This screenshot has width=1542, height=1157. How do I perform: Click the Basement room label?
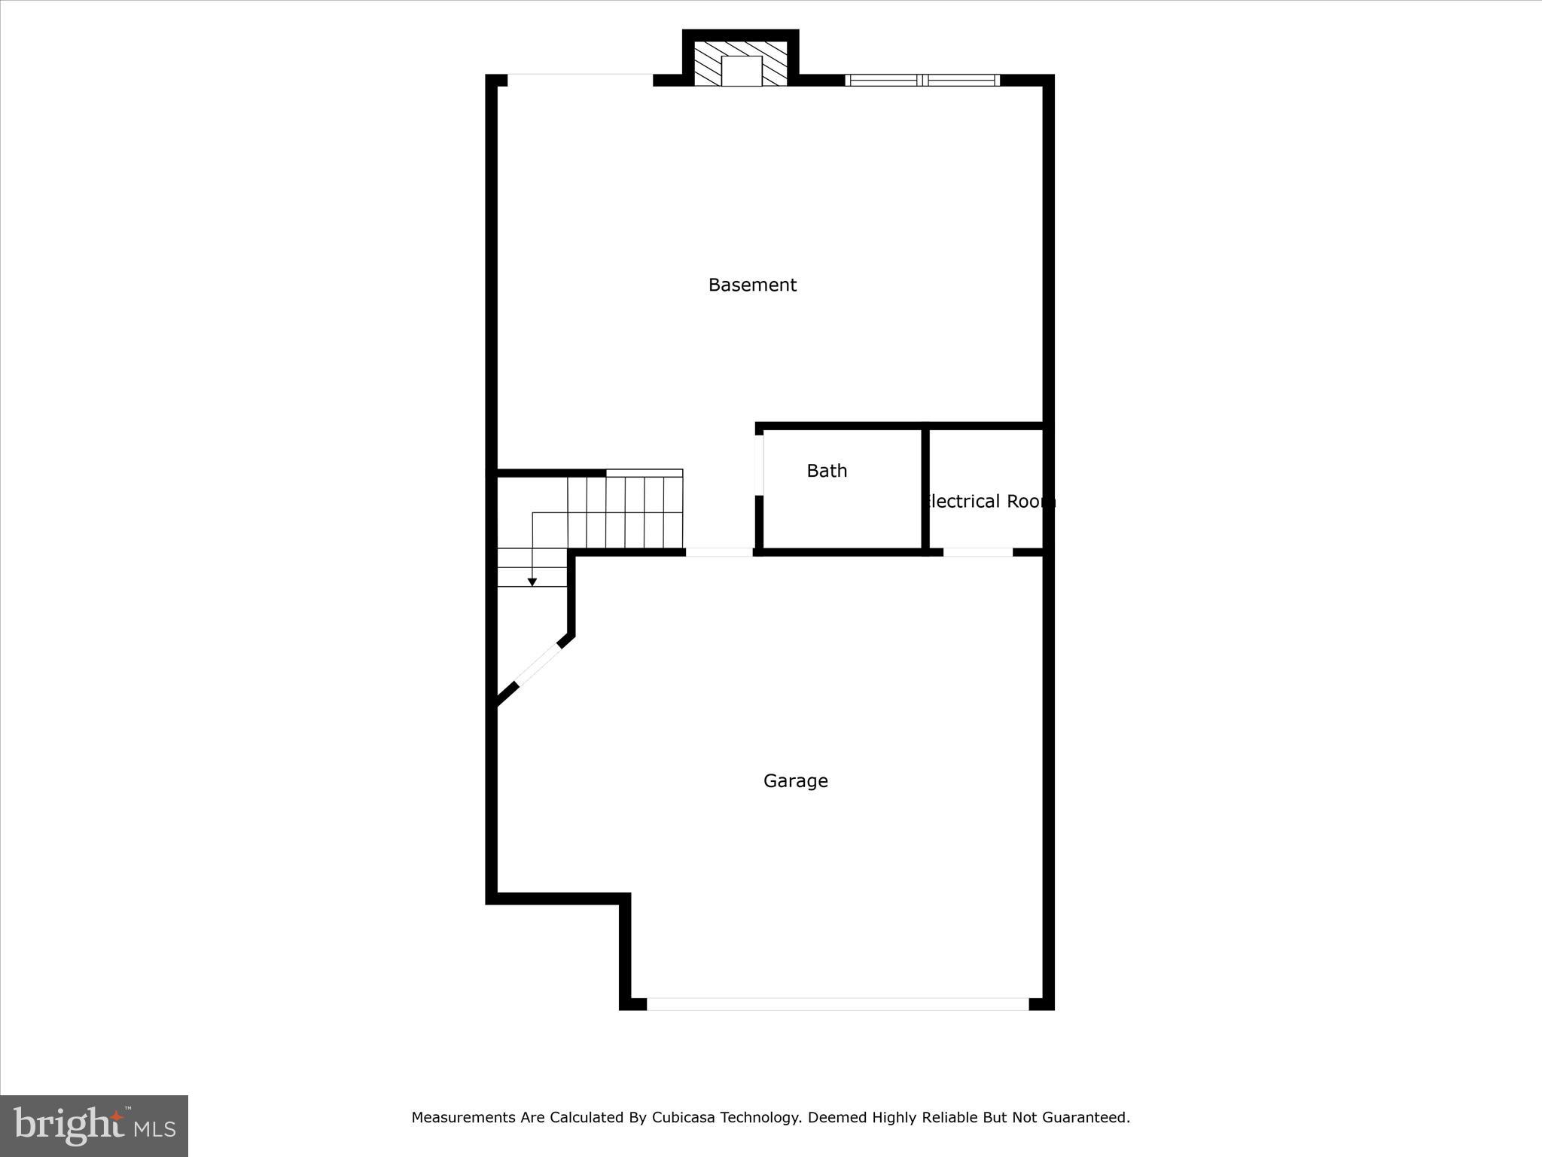pyautogui.click(x=752, y=285)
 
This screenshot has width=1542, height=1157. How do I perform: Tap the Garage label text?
pyautogui.click(x=795, y=781)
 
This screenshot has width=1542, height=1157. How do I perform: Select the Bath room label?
pyautogui.click(x=827, y=471)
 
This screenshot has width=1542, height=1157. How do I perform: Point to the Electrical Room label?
pyautogui.click(x=989, y=502)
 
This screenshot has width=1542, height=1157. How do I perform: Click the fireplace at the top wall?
pyautogui.click(x=741, y=64)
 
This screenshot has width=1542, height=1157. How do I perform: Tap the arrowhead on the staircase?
pyautogui.click(x=532, y=582)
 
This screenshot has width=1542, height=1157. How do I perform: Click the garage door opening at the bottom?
pyautogui.click(x=837, y=1003)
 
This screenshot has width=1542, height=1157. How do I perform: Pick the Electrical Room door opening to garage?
pyautogui.click(x=977, y=552)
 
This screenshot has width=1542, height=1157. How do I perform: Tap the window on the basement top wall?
pyautogui.click(x=922, y=80)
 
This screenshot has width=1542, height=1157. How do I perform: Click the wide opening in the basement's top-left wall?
pyautogui.click(x=580, y=80)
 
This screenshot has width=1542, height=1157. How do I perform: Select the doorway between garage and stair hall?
pyautogui.click(x=719, y=552)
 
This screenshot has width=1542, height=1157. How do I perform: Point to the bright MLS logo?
pyautogui.click(x=94, y=1125)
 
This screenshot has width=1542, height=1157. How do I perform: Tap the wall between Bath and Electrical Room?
pyautogui.click(x=925, y=488)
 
